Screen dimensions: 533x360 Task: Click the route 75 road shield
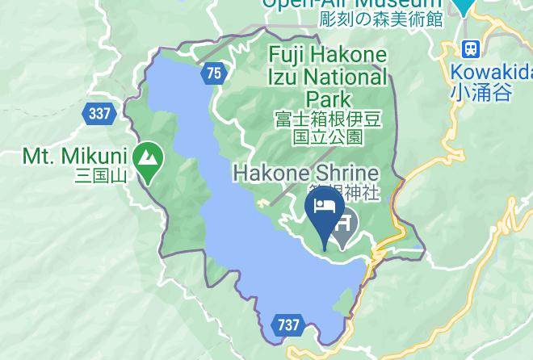tap(213, 73)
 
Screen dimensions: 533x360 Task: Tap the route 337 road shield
tap(99, 114)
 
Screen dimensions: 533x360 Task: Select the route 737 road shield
tap(287, 325)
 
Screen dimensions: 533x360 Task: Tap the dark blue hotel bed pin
tap(325, 212)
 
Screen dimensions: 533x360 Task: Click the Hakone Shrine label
tap(306, 173)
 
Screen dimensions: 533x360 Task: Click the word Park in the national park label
tap(328, 98)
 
